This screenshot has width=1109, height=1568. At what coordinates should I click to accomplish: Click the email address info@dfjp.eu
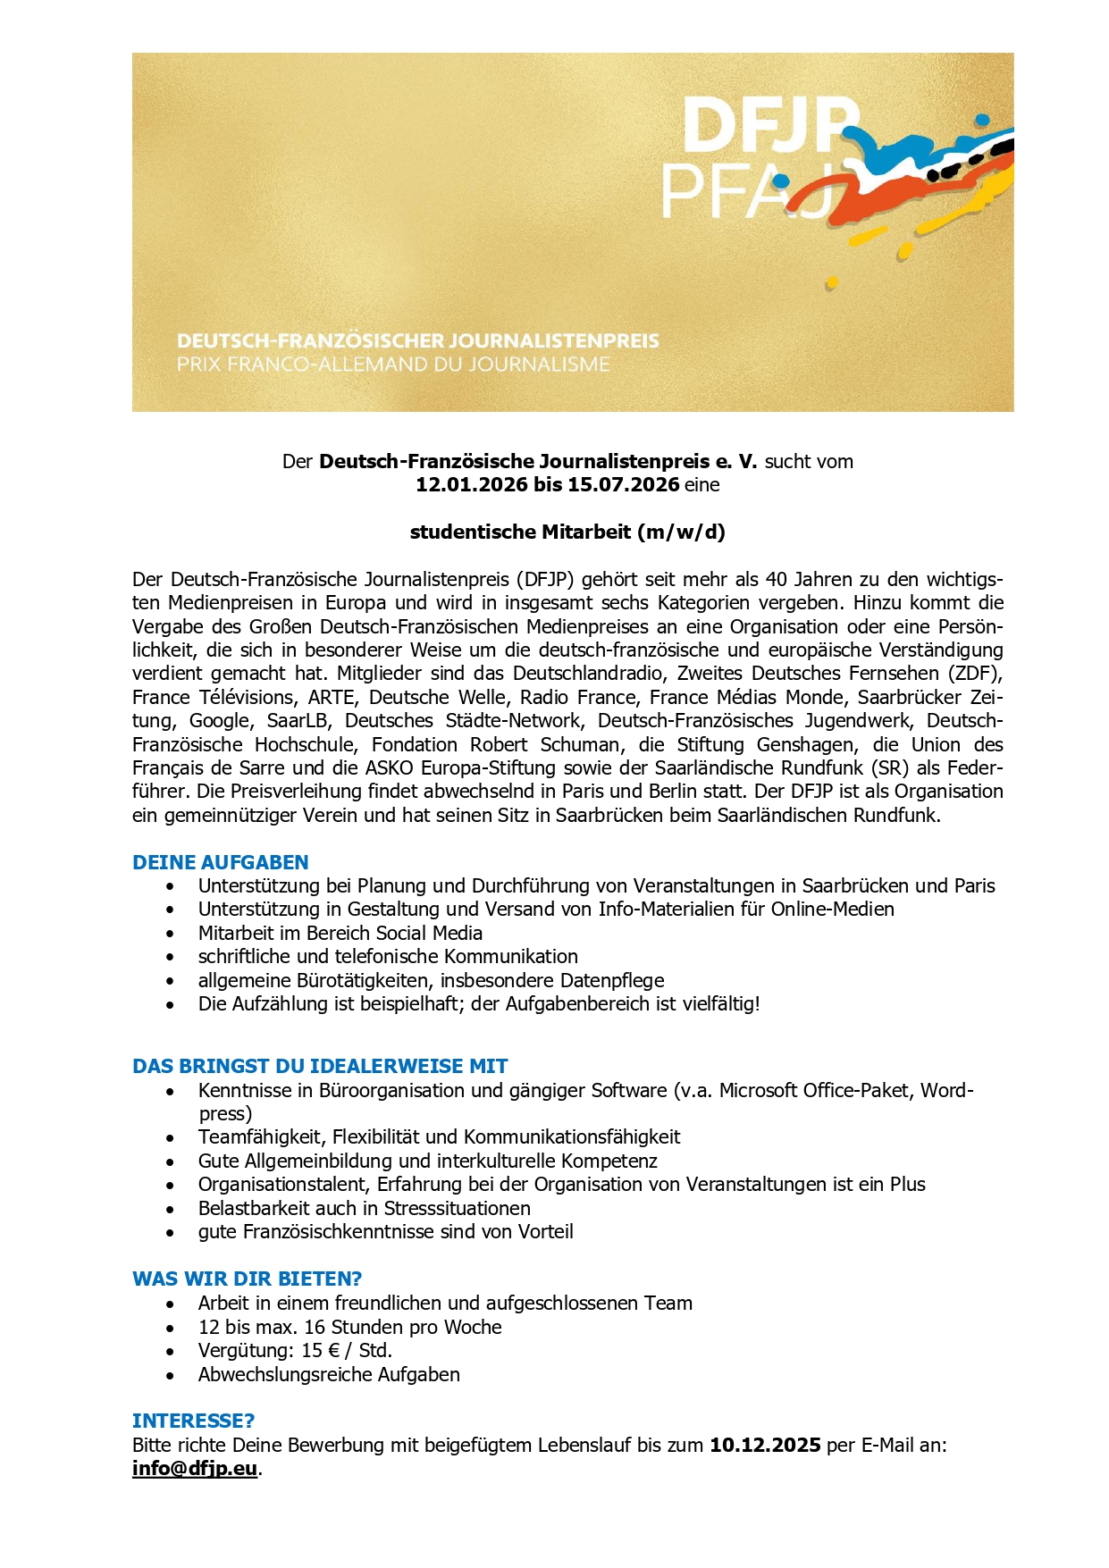click(195, 1469)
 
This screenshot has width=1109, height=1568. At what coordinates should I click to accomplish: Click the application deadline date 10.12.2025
click(765, 1445)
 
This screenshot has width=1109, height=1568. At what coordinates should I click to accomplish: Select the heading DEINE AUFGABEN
click(220, 862)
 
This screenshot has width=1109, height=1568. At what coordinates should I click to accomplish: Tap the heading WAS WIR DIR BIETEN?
click(247, 1279)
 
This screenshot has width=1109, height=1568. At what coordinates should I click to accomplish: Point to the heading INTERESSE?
click(193, 1421)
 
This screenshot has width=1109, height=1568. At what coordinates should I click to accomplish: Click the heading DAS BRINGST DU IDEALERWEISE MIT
click(320, 1066)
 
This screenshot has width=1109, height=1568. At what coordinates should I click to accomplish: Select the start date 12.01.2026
click(471, 485)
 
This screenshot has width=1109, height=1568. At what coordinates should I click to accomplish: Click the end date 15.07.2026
click(623, 485)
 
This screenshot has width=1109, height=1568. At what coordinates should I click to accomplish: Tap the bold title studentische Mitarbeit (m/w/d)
click(567, 532)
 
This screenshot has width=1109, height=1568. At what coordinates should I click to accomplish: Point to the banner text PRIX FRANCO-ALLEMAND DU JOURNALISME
click(393, 365)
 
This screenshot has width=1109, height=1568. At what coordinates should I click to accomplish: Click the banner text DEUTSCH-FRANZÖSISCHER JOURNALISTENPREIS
click(417, 341)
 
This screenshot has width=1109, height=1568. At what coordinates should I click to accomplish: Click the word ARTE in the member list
click(331, 697)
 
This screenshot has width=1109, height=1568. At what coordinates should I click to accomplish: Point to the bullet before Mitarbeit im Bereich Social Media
click(170, 934)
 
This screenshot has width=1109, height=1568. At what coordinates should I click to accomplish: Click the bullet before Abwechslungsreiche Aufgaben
click(170, 1375)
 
